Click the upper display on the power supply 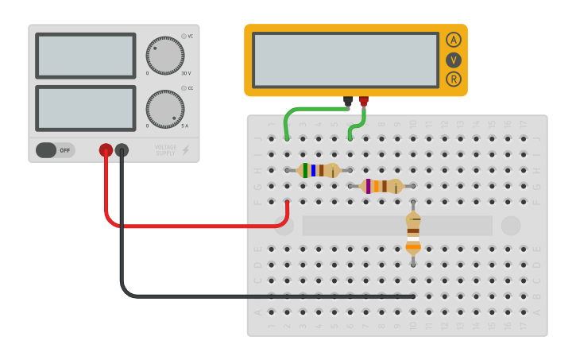pos(86,56)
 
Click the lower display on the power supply pos(86,108)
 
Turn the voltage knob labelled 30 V pos(165,56)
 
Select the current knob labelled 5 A pos(165,109)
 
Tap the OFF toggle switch pos(56,150)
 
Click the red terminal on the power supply pos(106,149)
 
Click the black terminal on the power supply pos(122,149)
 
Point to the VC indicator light pos(184,36)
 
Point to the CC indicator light pos(184,88)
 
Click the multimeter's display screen pos(345,60)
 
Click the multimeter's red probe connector pos(364,101)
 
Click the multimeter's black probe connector pos(348,101)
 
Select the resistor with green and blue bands pos(318,170)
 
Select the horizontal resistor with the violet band pos(381,186)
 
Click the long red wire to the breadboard pos(199,226)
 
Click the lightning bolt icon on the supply pos(186,150)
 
